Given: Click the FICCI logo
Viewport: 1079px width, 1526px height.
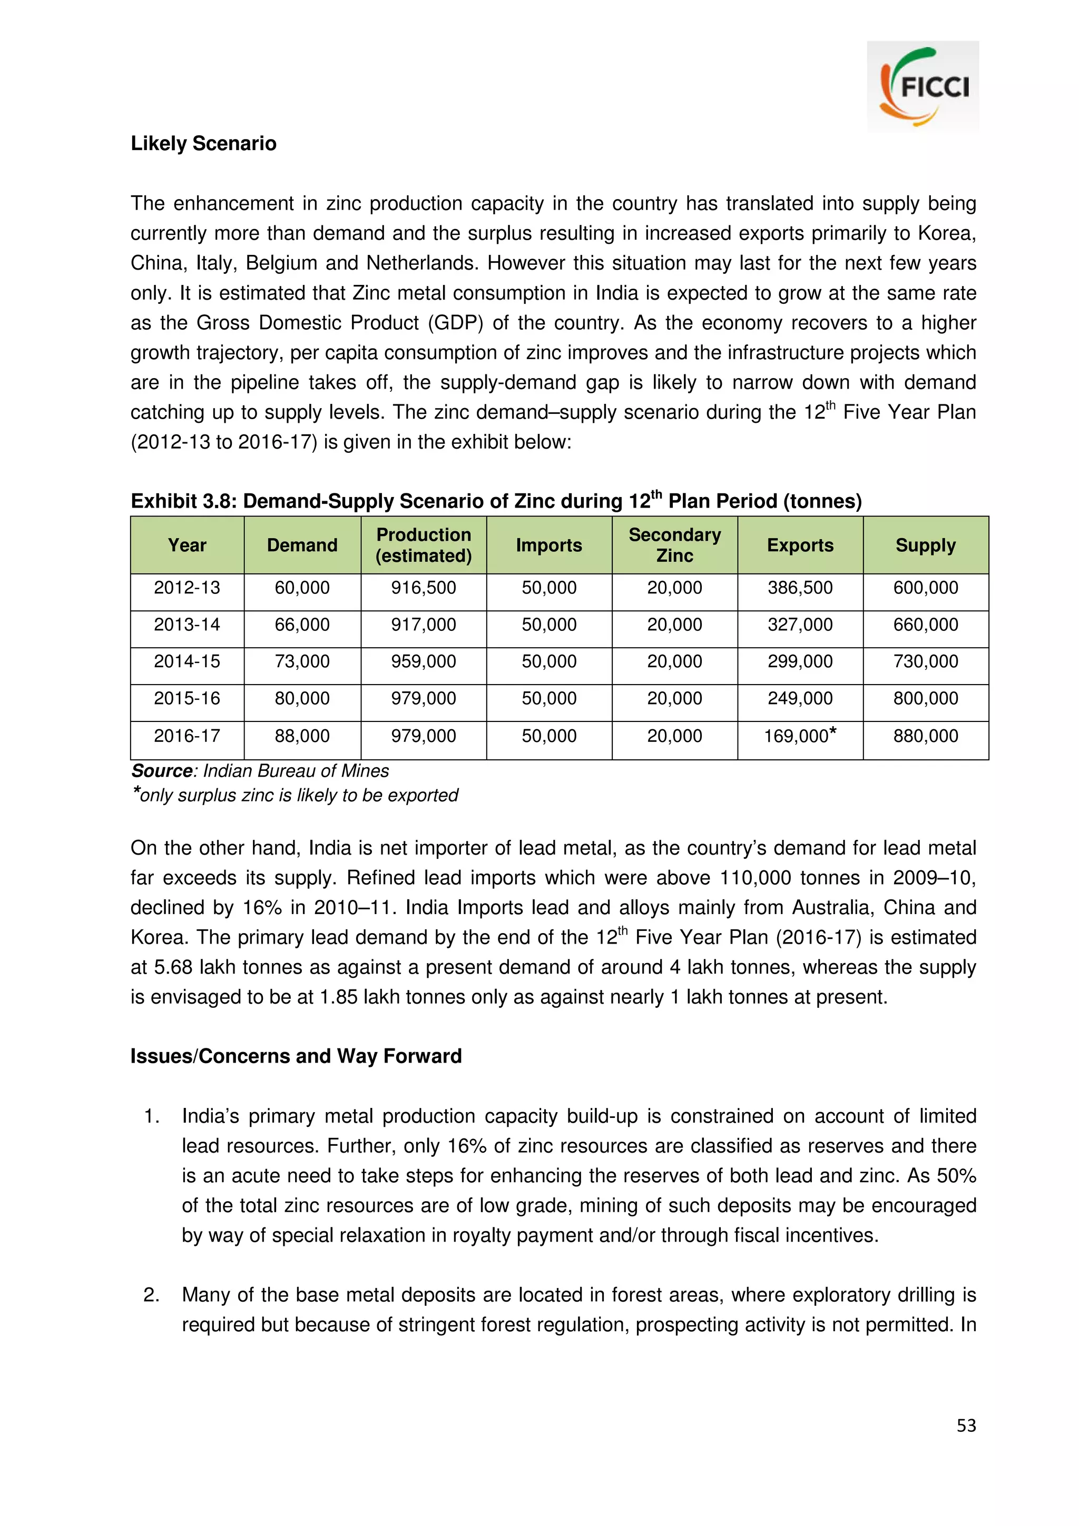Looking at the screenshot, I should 923,87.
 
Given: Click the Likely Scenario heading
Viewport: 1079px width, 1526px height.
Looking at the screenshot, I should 203,144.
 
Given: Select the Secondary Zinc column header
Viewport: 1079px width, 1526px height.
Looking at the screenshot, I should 674,545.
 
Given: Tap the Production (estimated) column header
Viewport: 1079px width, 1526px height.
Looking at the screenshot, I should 424,545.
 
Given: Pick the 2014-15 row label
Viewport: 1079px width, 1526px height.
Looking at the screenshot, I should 187,661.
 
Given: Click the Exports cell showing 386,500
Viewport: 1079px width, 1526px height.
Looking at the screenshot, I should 800,588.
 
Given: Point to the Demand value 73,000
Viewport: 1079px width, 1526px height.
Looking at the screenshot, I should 302,661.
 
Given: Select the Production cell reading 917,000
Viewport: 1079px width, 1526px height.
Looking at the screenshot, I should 424,625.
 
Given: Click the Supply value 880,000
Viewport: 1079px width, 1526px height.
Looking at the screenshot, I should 926,736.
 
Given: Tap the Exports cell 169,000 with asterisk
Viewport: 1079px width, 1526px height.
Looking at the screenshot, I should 800,736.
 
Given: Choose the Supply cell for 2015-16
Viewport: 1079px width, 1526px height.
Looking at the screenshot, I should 926,699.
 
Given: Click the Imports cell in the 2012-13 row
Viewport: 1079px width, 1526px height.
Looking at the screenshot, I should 548,588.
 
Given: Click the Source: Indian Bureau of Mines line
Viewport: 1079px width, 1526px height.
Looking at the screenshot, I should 260,771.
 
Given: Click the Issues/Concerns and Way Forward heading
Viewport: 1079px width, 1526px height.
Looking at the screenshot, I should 296,1056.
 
